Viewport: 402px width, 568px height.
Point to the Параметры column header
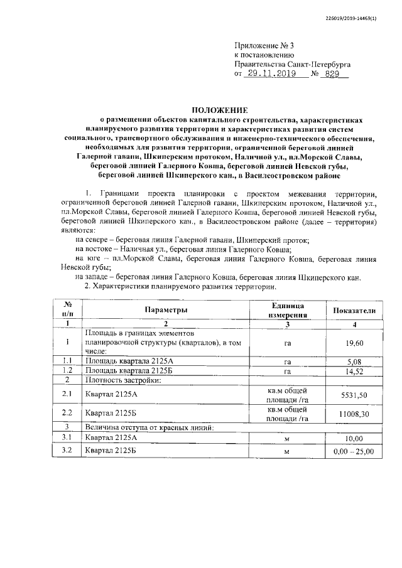(x=166, y=310)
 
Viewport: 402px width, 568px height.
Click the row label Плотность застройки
(x=119, y=380)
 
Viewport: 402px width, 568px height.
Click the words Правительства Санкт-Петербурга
(x=292, y=64)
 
